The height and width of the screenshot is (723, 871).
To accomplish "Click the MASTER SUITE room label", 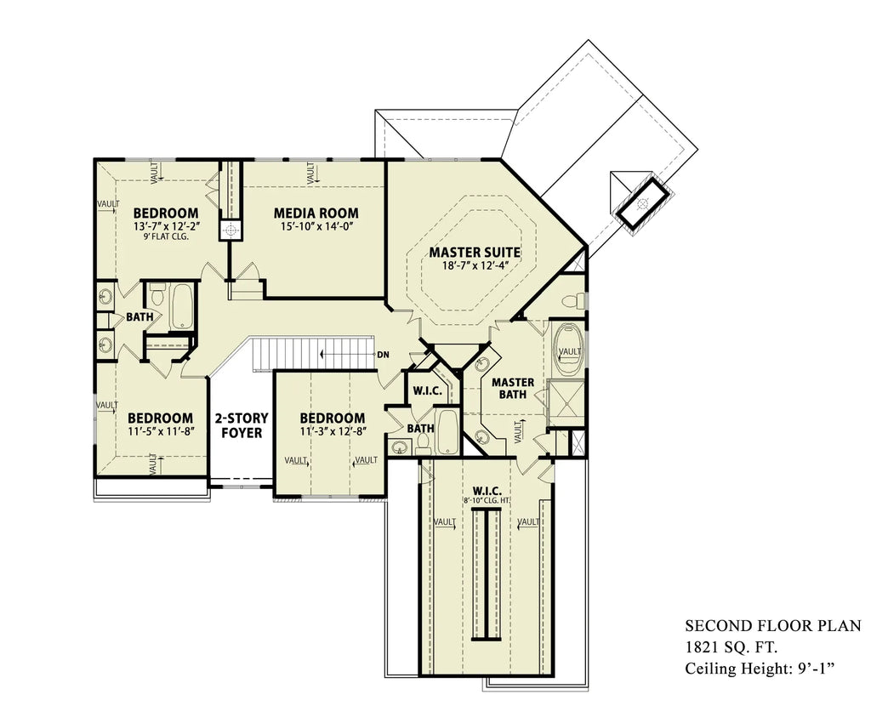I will click(474, 253).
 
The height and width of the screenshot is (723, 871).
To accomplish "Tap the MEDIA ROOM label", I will click(316, 213).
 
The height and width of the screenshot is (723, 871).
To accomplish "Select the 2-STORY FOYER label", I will click(241, 425).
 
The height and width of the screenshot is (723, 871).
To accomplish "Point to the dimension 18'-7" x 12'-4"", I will click(474, 267).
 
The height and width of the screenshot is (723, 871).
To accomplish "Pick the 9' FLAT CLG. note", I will click(166, 237).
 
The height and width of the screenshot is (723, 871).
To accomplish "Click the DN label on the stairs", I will click(383, 354).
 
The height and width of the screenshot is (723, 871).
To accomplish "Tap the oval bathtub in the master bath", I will click(568, 350).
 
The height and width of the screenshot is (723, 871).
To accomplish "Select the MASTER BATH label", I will click(513, 389).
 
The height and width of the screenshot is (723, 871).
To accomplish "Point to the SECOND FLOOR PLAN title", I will click(772, 626).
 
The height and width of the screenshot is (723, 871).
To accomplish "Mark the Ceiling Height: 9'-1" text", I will click(759, 669).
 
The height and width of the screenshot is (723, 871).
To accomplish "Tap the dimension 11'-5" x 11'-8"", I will click(161, 433).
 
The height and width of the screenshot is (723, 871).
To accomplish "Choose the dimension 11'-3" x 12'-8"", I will click(332, 433).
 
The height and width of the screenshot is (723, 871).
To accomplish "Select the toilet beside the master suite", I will click(577, 300).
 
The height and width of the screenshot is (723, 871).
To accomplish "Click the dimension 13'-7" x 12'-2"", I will click(166, 227).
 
